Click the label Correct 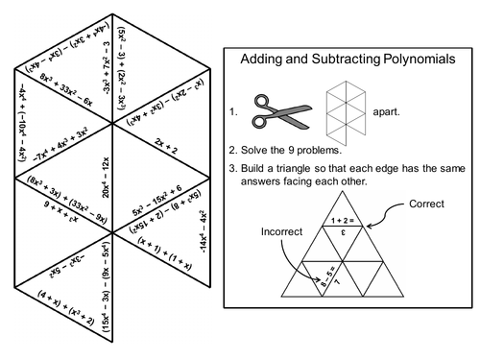428,204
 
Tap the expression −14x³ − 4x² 204,231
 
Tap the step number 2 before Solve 234,149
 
